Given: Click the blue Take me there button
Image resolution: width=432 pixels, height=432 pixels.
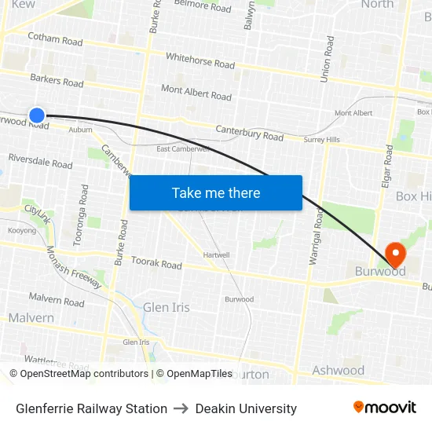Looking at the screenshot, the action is coord(215,192).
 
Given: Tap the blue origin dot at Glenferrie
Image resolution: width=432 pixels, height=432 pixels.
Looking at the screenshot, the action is coord(37,115).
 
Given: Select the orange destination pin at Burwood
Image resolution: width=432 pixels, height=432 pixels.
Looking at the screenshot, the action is coord(394,254).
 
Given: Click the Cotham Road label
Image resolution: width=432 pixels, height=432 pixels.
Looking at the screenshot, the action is coord(55,38).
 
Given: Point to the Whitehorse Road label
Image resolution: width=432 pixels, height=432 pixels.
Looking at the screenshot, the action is coord(200,60).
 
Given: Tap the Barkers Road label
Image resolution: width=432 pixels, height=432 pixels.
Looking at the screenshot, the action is coord(57,80).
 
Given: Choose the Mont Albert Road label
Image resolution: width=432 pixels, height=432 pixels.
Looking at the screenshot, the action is coord(196,93).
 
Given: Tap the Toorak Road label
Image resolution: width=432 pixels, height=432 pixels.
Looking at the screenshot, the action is coord(156,262).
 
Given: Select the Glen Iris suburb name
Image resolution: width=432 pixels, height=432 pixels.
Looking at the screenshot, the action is coord(166,307).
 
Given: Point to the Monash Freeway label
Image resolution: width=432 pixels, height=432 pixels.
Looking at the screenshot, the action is coord(75,267).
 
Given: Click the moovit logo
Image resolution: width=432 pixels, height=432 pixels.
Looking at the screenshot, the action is coord(384,408).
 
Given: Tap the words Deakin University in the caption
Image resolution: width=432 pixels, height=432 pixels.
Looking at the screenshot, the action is coord(246,408).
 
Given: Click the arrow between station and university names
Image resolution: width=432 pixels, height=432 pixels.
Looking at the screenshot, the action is coord(181,408).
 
